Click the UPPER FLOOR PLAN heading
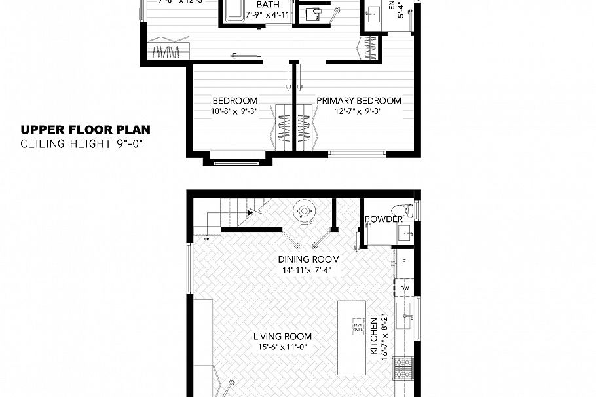click(x=86, y=130)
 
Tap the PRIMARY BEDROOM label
click(x=359, y=101)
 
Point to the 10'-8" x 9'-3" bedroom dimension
click(x=234, y=111)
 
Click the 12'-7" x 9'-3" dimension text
click(x=359, y=111)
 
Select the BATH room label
click(x=267, y=5)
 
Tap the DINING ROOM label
click(x=309, y=259)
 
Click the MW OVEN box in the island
click(x=358, y=328)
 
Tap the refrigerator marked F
click(x=404, y=262)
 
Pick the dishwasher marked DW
click(x=404, y=288)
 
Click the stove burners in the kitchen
click(x=403, y=368)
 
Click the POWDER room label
click(x=383, y=219)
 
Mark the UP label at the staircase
click(x=206, y=239)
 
